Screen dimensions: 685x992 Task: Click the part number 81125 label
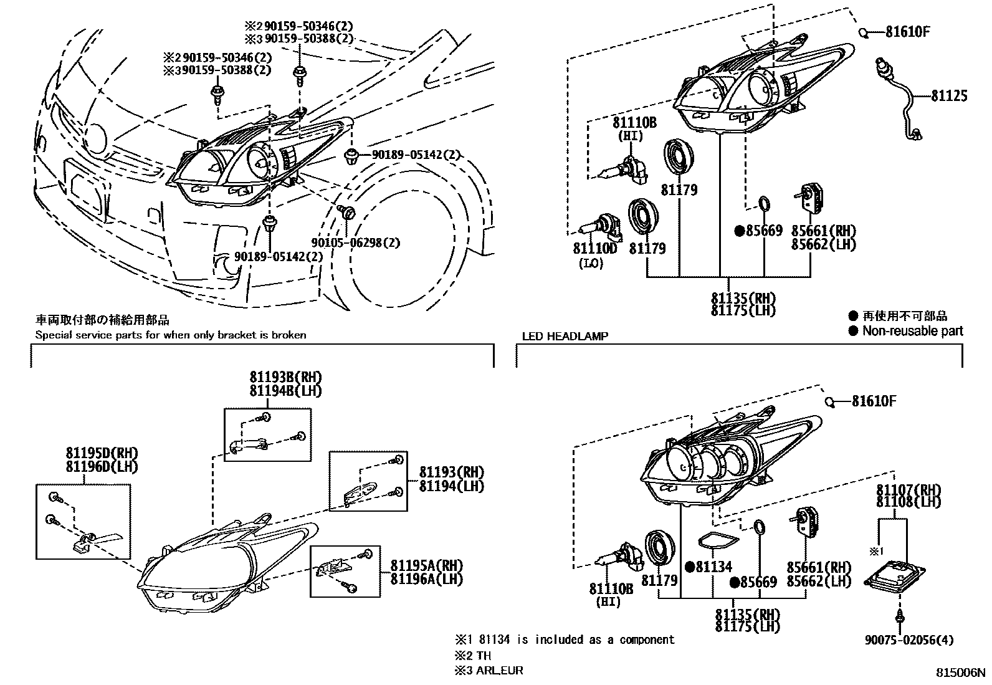tap(949, 95)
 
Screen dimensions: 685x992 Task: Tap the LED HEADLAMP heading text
tap(565, 336)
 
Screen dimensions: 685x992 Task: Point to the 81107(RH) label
tap(908, 489)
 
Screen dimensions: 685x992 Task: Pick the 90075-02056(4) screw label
tap(909, 640)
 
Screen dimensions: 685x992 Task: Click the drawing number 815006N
tap(961, 673)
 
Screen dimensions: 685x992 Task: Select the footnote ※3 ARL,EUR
tap(489, 671)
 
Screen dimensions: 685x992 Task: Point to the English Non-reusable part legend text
tap(912, 331)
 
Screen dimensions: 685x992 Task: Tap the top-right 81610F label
tap(907, 31)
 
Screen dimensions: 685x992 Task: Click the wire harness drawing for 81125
tap(900, 100)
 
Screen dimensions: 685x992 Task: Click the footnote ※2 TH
tap(474, 656)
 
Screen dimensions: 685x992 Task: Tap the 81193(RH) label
tap(451, 472)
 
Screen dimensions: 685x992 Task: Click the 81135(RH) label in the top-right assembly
tap(743, 297)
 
